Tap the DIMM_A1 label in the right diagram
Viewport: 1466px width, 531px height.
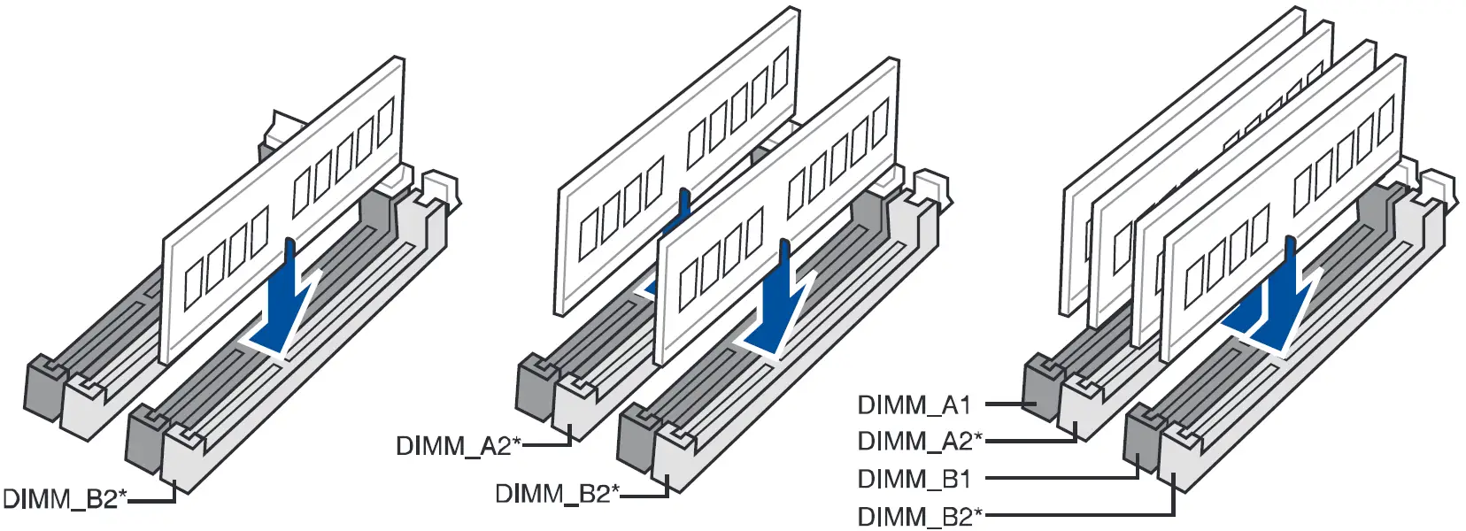pos(914,405)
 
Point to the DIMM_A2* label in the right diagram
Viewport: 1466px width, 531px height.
pos(920,441)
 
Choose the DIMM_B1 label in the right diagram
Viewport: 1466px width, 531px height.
pos(914,480)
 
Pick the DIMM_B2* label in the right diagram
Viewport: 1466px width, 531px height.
pos(920,517)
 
